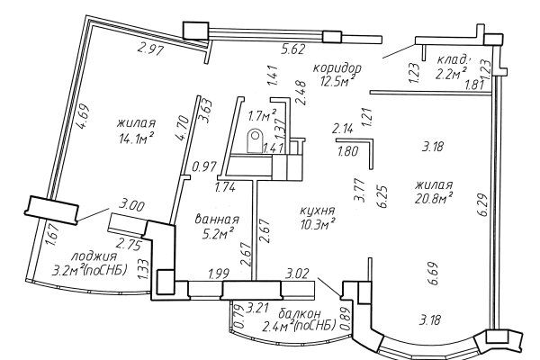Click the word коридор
tap(337, 67)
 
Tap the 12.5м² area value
tap(337, 81)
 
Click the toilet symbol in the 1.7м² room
tap(256, 140)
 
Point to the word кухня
tap(318, 211)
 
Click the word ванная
tap(217, 219)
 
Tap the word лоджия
tap(94, 256)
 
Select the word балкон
tap(300, 314)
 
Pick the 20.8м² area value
tap(434, 198)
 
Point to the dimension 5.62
tap(292, 49)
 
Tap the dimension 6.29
tap(482, 205)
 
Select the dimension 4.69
tap(84, 116)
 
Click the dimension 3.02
tap(298, 274)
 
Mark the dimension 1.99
tap(219, 274)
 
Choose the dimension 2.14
tap(342, 130)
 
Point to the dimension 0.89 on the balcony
tap(346, 319)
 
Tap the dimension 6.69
tap(433, 274)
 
